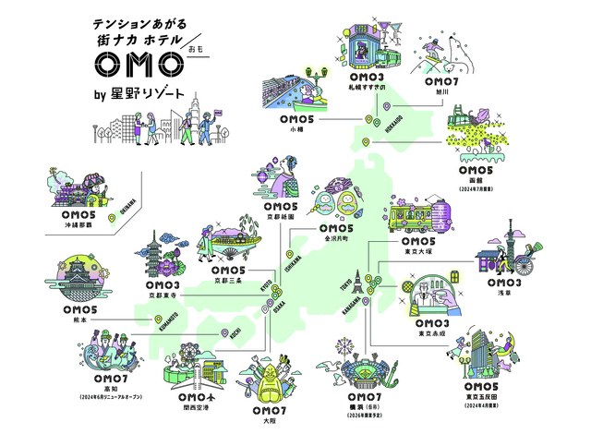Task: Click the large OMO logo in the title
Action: pyautogui.click(x=138, y=66)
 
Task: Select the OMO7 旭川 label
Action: pyautogui.click(x=435, y=86)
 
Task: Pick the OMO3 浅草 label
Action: pyautogui.click(x=511, y=287)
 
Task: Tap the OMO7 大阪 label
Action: pyautogui.click(x=268, y=414)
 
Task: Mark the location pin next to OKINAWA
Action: pyautogui.click(x=113, y=219)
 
